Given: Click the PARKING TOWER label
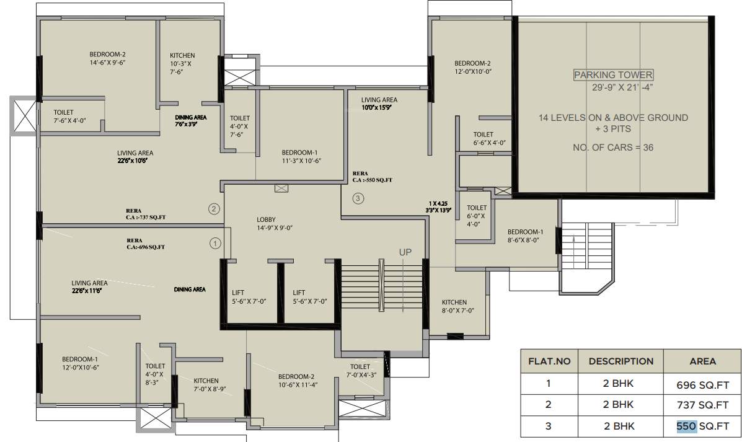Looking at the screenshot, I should [x=613, y=75].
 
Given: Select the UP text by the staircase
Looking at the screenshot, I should [x=405, y=252].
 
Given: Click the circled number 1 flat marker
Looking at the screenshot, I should [x=215, y=244].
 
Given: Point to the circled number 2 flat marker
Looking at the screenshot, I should [x=214, y=208].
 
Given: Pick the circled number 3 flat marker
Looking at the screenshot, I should [x=358, y=199].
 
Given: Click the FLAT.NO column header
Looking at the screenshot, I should [x=549, y=361].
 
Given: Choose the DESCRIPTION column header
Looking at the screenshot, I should [x=621, y=361].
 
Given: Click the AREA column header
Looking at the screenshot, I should [x=702, y=361].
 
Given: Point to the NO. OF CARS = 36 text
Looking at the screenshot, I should [x=613, y=148].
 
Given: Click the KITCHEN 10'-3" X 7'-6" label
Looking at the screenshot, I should [x=182, y=63].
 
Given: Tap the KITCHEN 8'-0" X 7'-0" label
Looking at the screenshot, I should [x=457, y=306].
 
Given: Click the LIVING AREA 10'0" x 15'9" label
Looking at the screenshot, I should [x=379, y=104].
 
